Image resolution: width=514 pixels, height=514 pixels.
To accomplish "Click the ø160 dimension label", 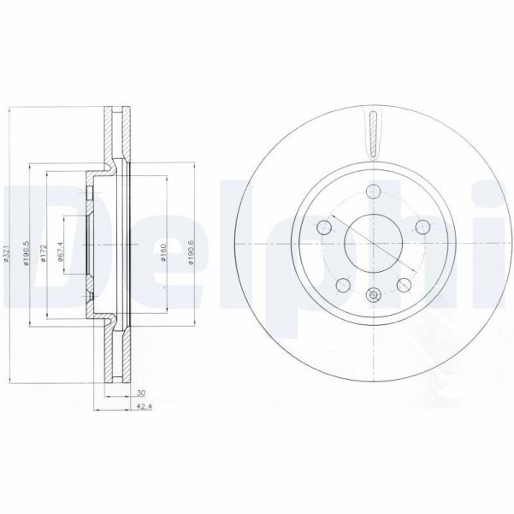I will click(x=164, y=252).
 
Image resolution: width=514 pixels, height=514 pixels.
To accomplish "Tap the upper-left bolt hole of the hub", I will click(x=323, y=227).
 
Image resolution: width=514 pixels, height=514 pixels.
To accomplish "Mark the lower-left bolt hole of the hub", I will click(x=342, y=284).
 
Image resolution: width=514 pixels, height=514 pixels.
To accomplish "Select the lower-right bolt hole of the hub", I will click(x=401, y=284).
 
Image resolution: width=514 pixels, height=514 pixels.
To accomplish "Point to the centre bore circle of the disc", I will click(x=371, y=245).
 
